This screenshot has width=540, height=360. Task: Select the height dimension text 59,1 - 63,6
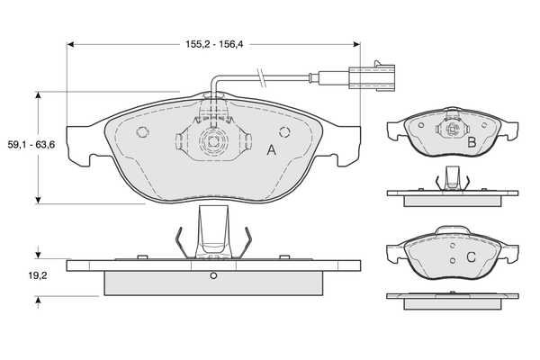pos(25,144)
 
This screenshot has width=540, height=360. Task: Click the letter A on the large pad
pos(270,150)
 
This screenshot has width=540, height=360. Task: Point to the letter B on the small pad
pos(471,142)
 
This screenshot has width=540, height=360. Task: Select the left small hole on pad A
pos(141,132)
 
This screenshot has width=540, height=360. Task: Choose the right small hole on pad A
pos(285,132)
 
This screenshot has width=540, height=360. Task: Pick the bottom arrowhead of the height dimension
pos(37,200)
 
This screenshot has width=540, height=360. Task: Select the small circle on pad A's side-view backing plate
pos(213,275)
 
